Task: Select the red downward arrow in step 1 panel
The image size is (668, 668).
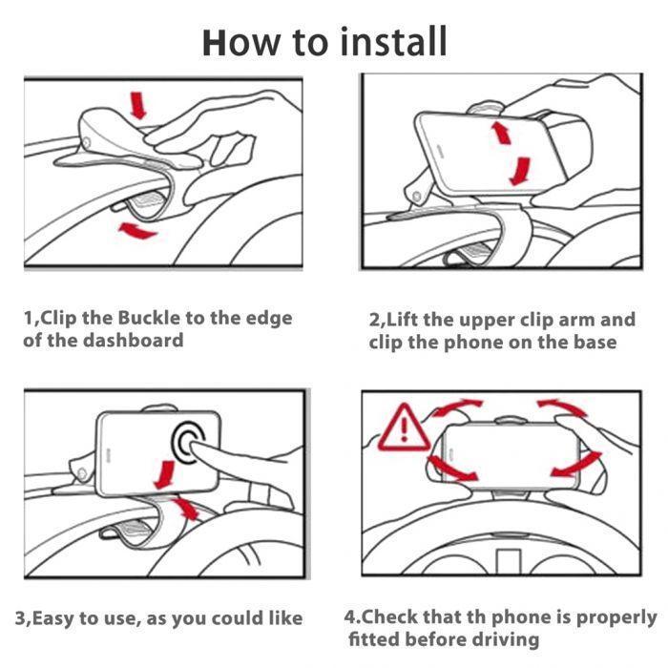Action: pyautogui.click(x=139, y=104)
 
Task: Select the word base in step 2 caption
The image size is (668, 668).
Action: pyautogui.click(x=592, y=342)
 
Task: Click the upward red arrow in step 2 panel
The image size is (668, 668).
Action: pyautogui.click(x=501, y=132)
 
